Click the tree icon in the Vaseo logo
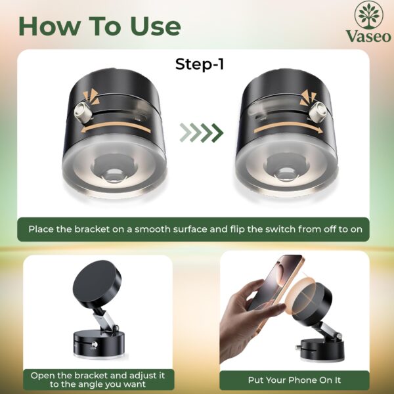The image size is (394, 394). [x=368, y=15]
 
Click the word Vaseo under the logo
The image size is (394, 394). [x=368, y=36]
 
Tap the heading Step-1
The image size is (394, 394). [x=199, y=64]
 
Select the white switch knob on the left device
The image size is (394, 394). [x=83, y=112]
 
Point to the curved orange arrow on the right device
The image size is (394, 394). [x=288, y=127]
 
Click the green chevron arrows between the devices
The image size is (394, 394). [x=202, y=133]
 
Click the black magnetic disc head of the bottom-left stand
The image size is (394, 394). [x=97, y=282]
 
